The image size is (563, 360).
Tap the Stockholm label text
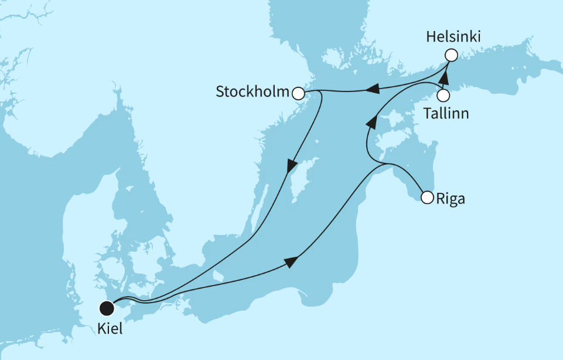click(253, 92)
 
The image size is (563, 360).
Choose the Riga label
click(451, 199)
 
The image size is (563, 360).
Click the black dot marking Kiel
click(106, 307)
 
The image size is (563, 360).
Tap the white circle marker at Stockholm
click(298, 93)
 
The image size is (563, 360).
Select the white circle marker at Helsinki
click(451, 56)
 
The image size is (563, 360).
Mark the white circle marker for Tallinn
click(443, 94)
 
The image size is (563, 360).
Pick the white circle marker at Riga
click(427, 198)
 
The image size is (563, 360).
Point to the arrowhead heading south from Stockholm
click(291, 166)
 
